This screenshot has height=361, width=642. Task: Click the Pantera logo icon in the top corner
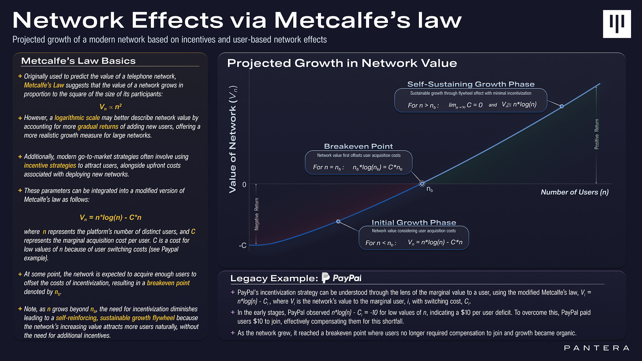pos(617,22)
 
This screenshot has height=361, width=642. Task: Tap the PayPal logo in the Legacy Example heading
pos(341,278)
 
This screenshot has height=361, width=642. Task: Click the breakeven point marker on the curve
pos(422,183)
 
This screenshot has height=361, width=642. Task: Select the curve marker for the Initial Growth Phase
pos(338,221)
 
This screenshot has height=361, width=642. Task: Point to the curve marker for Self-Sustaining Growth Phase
pos(561,106)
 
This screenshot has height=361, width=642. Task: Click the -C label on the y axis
pos(242,245)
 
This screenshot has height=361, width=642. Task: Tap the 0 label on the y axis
pos(244,184)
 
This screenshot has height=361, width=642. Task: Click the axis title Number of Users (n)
pos(575,192)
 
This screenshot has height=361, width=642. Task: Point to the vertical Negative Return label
pos(256,215)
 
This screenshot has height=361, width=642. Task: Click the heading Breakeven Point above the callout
pos(358,146)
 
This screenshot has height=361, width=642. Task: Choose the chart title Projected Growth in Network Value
pos(342,63)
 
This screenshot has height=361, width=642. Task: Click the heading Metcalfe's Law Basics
pos(78,60)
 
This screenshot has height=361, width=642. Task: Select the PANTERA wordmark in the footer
pos(597,348)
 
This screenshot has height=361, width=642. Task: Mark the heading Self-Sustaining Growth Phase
pos(470,84)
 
